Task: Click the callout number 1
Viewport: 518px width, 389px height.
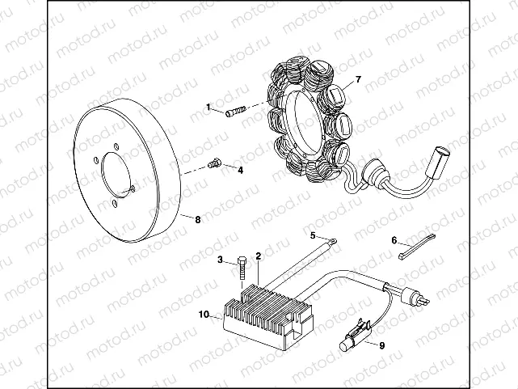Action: pyautogui.click(x=208, y=108)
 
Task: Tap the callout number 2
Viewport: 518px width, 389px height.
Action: pyautogui.click(x=258, y=256)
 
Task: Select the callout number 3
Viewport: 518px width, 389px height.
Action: pyautogui.click(x=220, y=260)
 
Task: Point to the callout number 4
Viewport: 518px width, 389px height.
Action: pyautogui.click(x=239, y=170)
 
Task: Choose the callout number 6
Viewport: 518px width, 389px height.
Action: pyautogui.click(x=394, y=240)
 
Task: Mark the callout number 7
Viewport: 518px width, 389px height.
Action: pyautogui.click(x=359, y=80)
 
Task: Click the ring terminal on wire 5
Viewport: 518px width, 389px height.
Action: pyautogui.click(x=331, y=239)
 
